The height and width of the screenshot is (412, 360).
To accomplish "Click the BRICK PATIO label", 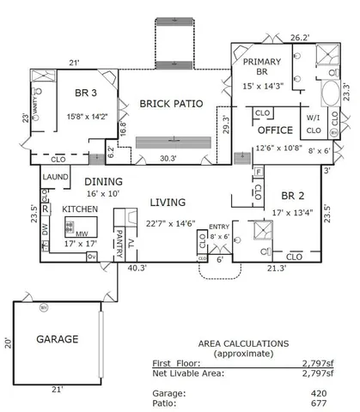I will (x=171, y=104).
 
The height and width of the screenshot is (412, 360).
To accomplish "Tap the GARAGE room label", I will (x=57, y=339).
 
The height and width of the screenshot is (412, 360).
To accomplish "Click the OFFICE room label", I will (x=276, y=130).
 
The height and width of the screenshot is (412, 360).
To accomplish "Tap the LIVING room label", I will (x=169, y=203).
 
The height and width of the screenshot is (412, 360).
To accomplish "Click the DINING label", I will (x=102, y=182).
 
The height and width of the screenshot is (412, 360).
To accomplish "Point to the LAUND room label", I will (x=56, y=177).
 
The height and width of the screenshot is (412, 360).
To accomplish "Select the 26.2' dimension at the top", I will (x=298, y=38).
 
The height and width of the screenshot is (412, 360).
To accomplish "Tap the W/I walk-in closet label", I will (x=313, y=118).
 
